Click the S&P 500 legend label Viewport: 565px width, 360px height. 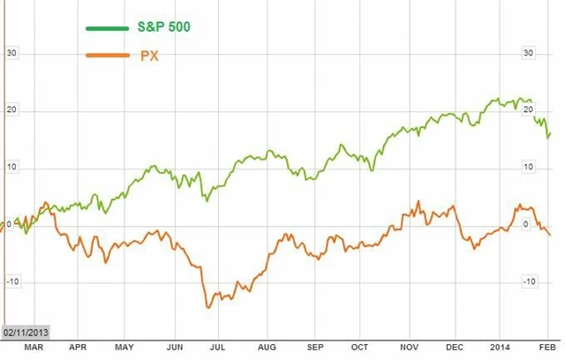164,27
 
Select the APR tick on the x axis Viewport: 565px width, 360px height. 78,349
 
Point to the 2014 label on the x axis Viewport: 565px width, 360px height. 501,349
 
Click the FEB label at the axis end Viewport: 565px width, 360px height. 547,349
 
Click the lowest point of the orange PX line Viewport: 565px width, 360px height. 208,307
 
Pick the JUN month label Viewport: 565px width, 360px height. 174,349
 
